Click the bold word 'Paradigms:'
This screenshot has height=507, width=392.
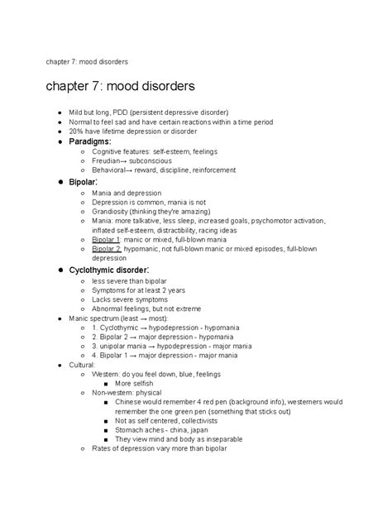93,141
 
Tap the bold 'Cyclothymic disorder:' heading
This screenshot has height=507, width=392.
109,270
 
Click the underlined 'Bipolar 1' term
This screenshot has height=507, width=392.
106,237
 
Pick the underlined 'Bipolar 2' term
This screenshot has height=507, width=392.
107,247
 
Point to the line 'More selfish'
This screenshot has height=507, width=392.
135,384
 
